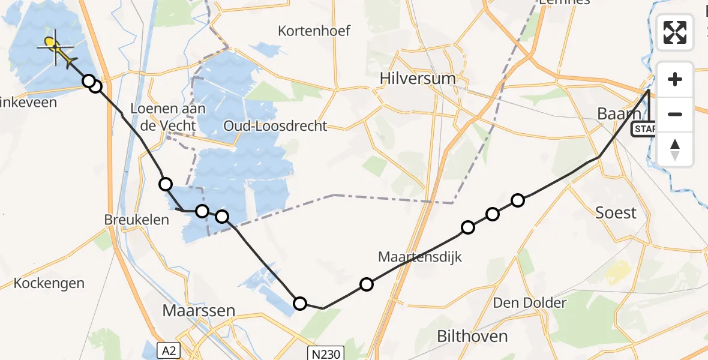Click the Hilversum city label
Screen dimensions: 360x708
(418, 79)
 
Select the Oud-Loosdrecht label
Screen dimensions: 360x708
(275, 126)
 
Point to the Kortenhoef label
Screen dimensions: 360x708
(314, 31)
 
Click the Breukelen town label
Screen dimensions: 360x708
(136, 220)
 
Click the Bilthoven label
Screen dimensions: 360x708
(472, 336)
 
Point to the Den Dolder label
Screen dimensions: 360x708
(529, 303)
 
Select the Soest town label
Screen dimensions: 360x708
(616, 212)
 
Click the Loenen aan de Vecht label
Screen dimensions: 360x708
(160, 118)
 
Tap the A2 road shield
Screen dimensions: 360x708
(170, 350)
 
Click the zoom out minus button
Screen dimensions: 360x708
(675, 115)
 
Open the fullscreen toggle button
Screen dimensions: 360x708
(675, 32)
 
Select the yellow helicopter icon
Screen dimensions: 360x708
(56, 48)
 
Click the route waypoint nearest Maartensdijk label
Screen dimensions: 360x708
(366, 284)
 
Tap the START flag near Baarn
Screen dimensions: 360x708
(644, 129)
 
